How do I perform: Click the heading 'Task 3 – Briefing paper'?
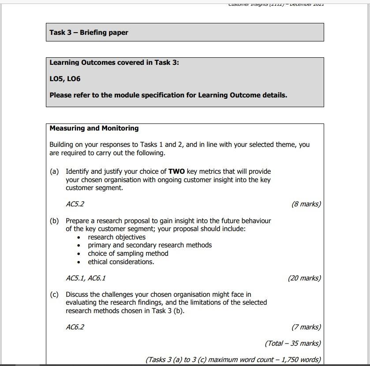coord(89,33)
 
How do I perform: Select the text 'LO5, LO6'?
coord(65,79)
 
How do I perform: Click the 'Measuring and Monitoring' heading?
coord(94,128)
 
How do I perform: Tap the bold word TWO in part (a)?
coord(176,172)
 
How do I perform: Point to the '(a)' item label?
coord(54,172)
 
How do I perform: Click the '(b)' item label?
coord(54,221)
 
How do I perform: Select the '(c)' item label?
coord(54,295)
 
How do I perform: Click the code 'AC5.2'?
coord(75,204)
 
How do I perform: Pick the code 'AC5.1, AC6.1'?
coord(86,278)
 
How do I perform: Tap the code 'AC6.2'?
coord(75,327)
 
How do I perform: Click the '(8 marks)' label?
coord(306,204)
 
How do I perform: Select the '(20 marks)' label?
coord(304,278)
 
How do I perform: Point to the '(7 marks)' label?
coord(306,327)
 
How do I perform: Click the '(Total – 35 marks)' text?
coord(293,344)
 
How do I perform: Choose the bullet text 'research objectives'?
coord(116,237)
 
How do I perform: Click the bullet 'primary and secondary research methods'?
coord(149,245)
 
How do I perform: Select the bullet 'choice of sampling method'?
coord(128,254)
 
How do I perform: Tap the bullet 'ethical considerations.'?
coord(121,262)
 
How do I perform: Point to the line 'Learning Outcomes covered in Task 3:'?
coord(114,63)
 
